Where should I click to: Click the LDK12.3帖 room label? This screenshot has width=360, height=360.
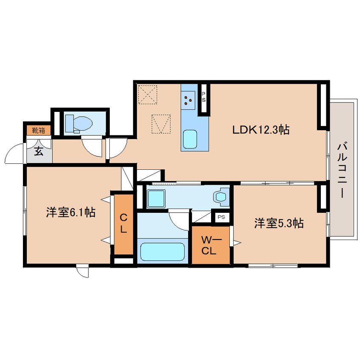261,130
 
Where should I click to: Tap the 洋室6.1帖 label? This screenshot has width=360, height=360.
71,212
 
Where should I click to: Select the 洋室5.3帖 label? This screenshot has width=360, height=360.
279,223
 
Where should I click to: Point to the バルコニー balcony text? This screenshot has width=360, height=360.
342,170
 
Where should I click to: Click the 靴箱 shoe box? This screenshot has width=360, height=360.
38,130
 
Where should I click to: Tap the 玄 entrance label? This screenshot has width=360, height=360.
39,151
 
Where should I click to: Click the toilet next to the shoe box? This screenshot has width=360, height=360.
79,124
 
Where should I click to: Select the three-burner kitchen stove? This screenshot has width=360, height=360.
188,100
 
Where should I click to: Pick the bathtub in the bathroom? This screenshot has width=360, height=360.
163,251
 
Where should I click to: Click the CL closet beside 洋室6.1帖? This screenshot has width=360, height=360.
124,224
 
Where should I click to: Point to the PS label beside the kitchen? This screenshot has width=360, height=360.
204,97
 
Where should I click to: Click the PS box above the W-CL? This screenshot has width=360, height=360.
222,217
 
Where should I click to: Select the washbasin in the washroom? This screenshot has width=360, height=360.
221,197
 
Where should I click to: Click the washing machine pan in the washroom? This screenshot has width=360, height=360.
156,199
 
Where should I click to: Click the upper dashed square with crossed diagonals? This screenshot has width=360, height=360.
148,94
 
